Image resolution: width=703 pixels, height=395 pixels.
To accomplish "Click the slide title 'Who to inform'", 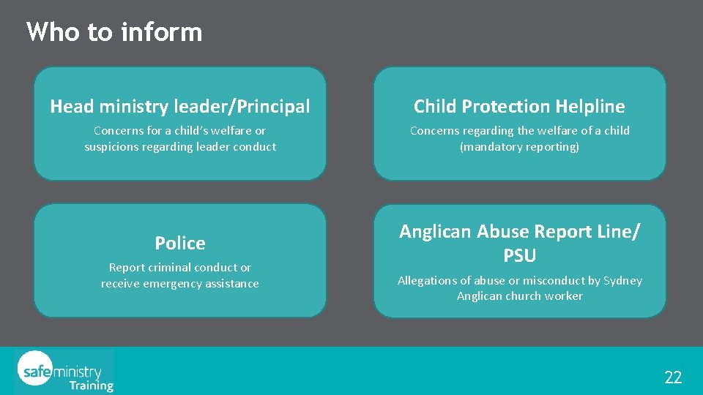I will point(114,32).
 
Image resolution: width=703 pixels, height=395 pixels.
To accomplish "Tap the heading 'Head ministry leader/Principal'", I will point(180,107).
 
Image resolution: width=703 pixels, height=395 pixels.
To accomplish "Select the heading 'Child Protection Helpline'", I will point(519,107).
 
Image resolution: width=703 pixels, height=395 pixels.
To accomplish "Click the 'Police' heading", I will point(180,243).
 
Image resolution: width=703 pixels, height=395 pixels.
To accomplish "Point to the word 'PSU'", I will point(519,256).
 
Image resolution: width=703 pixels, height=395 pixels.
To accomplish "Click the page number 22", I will point(673,377).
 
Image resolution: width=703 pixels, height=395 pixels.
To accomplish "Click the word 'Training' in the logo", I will point(92,385).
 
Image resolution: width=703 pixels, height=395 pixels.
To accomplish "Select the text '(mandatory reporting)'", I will point(519,147).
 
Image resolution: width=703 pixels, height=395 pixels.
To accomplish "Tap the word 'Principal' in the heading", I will point(272,107).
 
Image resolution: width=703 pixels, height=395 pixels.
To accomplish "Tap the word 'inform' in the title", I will point(161,32).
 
